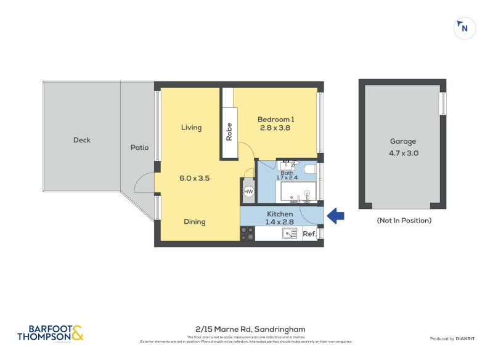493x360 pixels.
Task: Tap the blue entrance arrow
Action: [x=335, y=215]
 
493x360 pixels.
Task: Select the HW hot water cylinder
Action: [x=248, y=192]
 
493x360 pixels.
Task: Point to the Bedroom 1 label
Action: [x=275, y=119]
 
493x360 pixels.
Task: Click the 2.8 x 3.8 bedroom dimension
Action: [x=275, y=128]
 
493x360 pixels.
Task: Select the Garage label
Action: [x=402, y=141]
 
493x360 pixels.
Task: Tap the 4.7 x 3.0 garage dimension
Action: [x=402, y=153]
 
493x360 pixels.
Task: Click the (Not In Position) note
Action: [x=403, y=220]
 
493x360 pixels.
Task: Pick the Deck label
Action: [x=81, y=140]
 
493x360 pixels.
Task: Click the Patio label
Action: [x=139, y=148]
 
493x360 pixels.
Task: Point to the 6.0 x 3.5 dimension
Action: [x=195, y=178]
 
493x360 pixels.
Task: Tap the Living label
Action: [x=191, y=128]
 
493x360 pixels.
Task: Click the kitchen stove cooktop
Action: [x=247, y=234]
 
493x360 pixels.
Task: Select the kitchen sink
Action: [x=290, y=234]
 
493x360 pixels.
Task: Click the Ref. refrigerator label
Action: [x=309, y=234]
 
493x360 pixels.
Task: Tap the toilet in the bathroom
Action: [x=309, y=168]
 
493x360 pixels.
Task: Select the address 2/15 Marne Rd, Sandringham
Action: [x=246, y=329]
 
